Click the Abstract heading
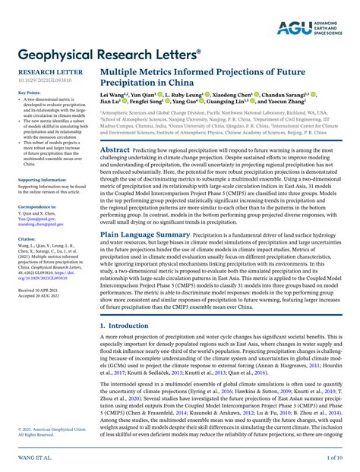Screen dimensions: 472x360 pyautogui.click(x=115, y=150)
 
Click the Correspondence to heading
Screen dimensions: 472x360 pyautogui.click(x=36, y=206)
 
